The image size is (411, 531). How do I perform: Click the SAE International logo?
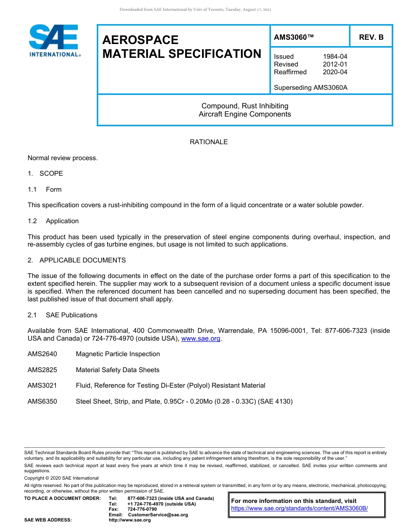[54, 41]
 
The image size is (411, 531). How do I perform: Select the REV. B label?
[371, 38]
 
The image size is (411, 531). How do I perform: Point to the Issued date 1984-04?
[335, 57]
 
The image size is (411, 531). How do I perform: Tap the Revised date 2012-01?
[335, 64]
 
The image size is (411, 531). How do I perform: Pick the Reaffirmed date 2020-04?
[335, 72]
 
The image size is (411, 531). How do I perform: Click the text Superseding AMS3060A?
[311, 88]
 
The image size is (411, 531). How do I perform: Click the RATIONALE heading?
[209, 142]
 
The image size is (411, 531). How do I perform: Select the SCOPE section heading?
[51, 174]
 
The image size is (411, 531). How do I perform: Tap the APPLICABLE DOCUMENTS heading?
[82, 260]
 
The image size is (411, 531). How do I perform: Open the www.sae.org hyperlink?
[201, 339]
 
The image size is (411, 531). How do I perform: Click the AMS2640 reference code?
[42, 354]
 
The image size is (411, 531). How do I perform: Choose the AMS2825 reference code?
[42, 370]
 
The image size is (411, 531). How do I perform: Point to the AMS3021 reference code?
[42, 386]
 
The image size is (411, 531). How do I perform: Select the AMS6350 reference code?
[42, 401]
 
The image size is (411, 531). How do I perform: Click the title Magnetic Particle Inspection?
[118, 354]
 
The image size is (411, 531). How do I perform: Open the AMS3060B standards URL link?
[299, 509]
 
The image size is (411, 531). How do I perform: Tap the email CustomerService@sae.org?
[158, 515]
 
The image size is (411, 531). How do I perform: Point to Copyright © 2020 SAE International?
[61, 478]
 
